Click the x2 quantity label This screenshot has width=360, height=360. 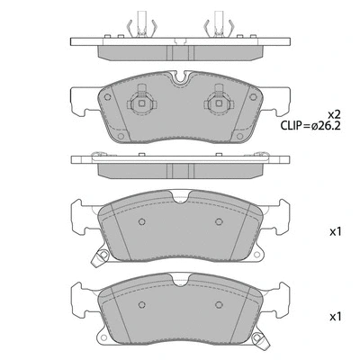click(x=334, y=114)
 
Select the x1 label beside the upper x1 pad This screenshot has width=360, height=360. click(x=336, y=231)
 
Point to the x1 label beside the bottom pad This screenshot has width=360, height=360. click(x=336, y=316)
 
